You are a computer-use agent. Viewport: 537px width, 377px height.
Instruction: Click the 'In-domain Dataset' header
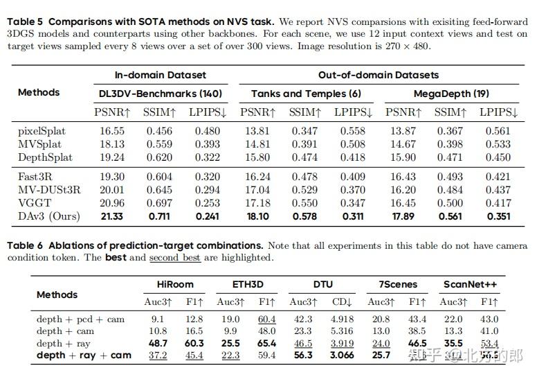click(x=160, y=75)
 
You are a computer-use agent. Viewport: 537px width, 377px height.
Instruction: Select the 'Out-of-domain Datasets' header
click(x=379, y=75)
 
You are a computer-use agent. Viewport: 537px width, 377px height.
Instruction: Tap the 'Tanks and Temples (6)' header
click(x=306, y=94)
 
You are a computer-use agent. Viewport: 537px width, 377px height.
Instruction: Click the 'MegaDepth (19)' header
click(x=450, y=94)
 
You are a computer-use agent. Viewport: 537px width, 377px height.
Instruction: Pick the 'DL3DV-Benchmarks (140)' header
click(x=161, y=94)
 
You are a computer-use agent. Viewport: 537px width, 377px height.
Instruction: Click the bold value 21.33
click(x=113, y=216)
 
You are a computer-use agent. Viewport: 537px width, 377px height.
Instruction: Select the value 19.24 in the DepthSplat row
click(x=113, y=157)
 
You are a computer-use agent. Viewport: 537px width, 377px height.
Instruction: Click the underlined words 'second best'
click(x=175, y=258)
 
